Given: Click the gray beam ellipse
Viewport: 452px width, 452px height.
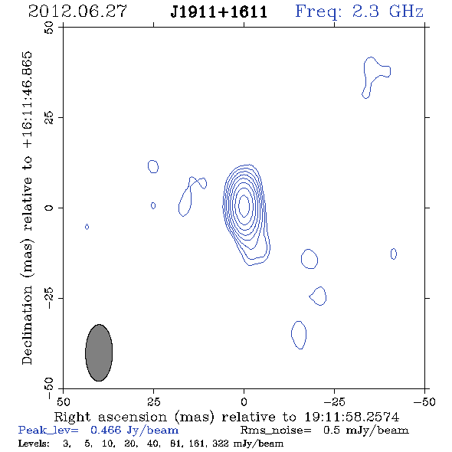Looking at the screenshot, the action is coord(99,352).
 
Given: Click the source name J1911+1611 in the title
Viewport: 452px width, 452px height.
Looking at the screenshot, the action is coord(219,12).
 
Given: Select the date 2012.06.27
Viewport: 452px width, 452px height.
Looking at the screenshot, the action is coord(77,11).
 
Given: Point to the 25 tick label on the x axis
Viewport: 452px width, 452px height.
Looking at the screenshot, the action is coord(154,401).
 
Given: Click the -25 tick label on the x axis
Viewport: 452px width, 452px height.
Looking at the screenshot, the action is coord(334,401).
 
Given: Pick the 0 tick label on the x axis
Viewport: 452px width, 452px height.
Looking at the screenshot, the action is coord(244,401).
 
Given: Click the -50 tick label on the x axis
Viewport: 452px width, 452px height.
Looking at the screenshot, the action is coord(424,401).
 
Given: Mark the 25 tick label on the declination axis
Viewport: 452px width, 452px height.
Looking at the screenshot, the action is coord(49,118).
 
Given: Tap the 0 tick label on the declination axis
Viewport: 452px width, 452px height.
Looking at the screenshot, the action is coord(49,208).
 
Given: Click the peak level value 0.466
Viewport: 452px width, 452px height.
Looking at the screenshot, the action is coord(106,430).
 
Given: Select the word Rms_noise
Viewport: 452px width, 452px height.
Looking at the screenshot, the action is coord(276,431).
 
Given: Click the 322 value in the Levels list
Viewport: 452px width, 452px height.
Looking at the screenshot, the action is coord(221,444).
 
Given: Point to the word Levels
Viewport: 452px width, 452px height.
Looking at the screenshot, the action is coord(34,444).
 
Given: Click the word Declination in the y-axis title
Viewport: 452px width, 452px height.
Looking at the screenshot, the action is coord(27,325).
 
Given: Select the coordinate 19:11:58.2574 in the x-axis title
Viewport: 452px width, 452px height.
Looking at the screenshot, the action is coord(352,417).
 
